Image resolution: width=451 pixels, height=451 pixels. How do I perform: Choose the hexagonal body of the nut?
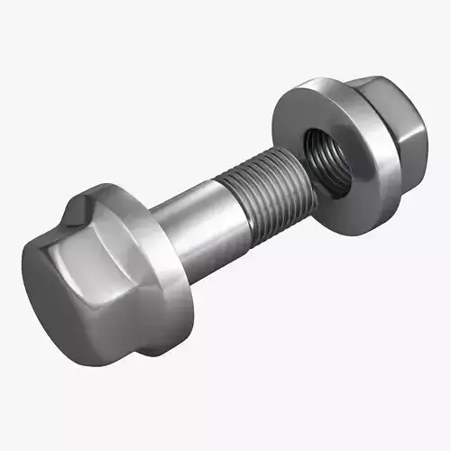[401, 135]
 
